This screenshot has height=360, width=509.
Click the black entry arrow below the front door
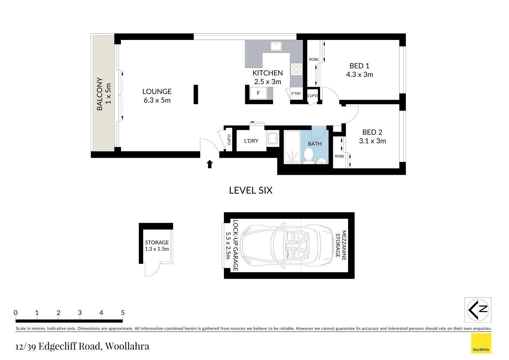210,164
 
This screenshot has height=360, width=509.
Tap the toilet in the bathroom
308,155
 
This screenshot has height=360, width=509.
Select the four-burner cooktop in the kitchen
296,69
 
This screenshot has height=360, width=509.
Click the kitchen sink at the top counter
276,46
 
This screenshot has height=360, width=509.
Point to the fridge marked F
258,93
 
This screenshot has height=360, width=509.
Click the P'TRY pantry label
296,94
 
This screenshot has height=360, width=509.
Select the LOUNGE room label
157,92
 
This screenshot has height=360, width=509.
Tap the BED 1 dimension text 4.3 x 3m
359,75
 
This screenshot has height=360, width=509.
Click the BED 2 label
372,132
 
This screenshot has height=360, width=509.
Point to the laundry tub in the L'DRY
273,138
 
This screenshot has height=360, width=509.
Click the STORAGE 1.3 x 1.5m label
157,246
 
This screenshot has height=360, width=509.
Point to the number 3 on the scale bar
80,313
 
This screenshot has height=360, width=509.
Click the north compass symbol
478,310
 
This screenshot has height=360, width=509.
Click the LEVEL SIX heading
251,190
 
